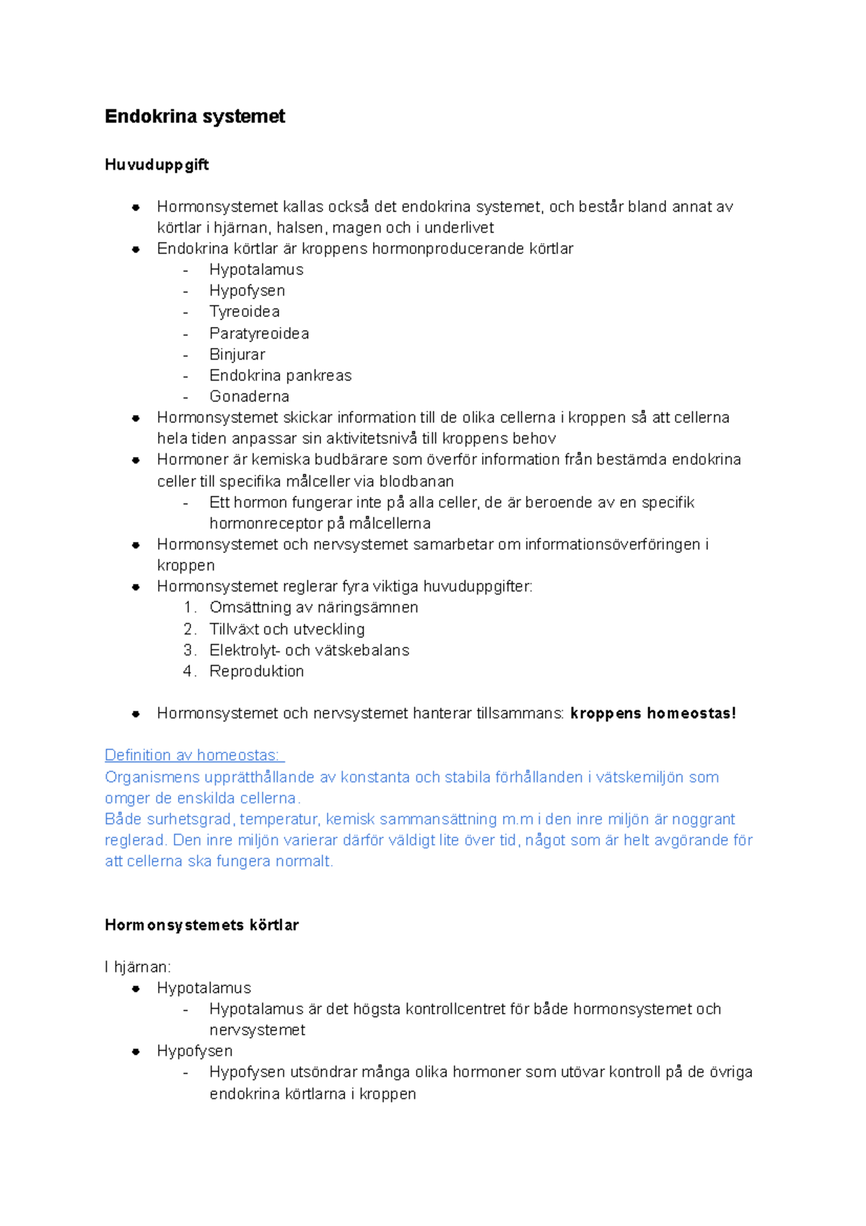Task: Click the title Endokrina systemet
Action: (195, 116)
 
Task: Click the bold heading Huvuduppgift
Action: (157, 165)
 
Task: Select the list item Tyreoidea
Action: (245, 312)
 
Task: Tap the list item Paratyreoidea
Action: (259, 334)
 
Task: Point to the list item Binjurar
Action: (237, 355)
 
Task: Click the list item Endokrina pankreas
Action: (280, 375)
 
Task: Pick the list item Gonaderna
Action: (249, 396)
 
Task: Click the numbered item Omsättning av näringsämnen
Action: (313, 607)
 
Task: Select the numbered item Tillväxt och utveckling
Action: (287, 629)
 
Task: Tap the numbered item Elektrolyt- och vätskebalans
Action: (309, 650)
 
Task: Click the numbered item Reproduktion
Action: (256, 671)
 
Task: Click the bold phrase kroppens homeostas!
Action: (653, 713)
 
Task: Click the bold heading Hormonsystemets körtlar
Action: (201, 925)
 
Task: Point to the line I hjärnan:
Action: (138, 967)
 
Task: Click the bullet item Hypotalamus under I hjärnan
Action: (204, 988)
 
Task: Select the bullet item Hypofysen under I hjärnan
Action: (195, 1051)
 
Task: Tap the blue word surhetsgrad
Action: (191, 819)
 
